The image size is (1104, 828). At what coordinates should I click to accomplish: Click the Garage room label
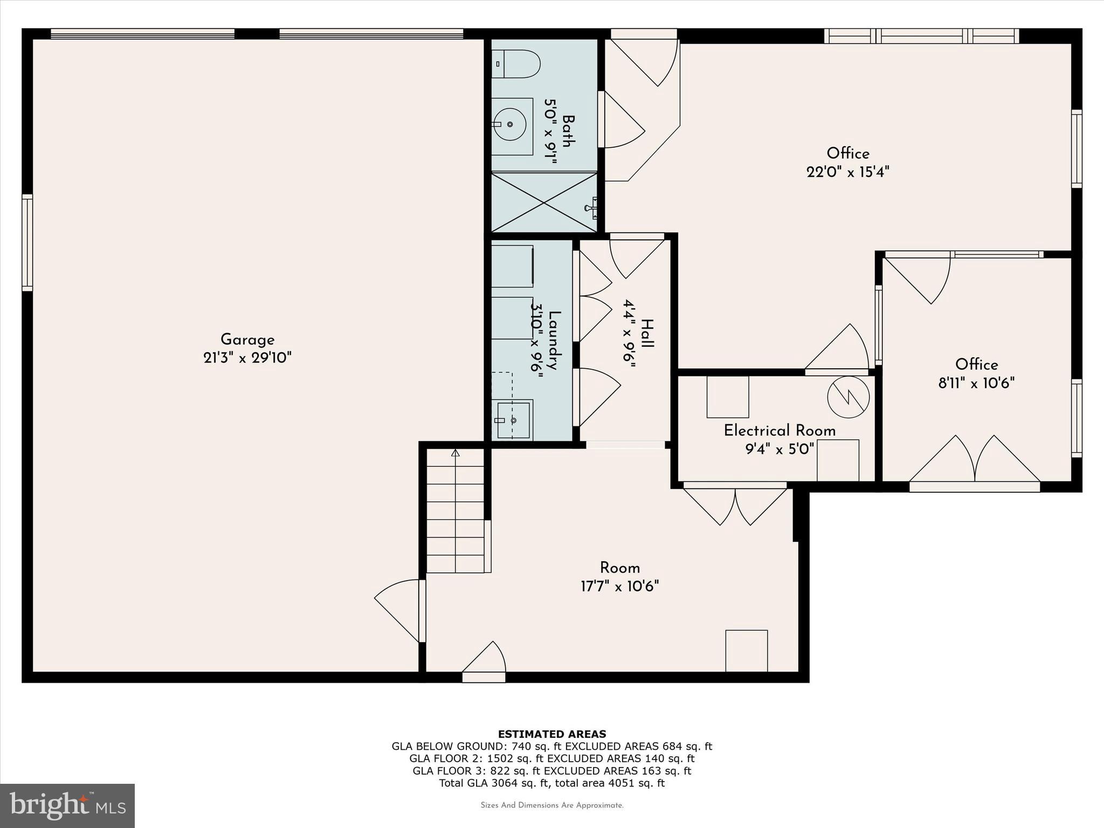click(x=247, y=340)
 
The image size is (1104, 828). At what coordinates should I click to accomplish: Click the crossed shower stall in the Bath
click(x=544, y=203)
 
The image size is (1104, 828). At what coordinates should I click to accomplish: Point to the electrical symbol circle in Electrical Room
click(x=848, y=397)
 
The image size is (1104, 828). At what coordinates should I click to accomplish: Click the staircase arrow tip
click(x=456, y=452)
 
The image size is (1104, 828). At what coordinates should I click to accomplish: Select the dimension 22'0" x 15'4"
click(x=847, y=172)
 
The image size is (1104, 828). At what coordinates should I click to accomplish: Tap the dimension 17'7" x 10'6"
click(x=619, y=586)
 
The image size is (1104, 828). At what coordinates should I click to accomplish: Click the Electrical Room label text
click(x=779, y=431)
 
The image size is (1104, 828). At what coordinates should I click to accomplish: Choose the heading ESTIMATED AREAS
click(x=551, y=734)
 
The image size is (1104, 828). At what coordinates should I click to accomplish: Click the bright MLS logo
click(x=67, y=805)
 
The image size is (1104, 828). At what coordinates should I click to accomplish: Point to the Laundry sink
click(x=513, y=420)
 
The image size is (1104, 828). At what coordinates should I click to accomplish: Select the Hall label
click(x=647, y=334)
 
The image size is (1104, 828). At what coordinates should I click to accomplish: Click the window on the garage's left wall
click(x=27, y=243)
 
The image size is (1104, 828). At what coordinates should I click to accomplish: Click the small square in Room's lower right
click(x=747, y=651)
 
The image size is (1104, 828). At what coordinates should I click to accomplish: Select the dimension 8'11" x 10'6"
click(x=976, y=383)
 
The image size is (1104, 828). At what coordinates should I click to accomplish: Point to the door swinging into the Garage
click(x=398, y=609)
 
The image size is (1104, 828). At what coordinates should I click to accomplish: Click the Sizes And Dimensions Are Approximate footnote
click(x=551, y=805)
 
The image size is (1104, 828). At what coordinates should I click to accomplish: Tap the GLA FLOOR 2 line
click(x=551, y=758)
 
